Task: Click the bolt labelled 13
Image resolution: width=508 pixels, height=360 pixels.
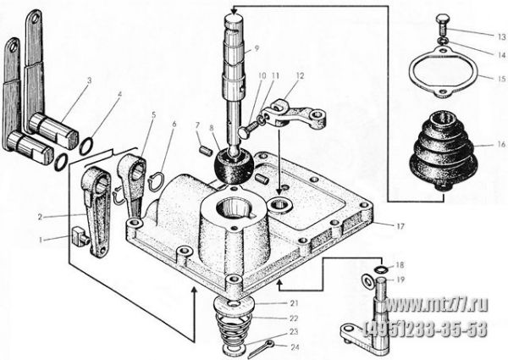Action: click(x=442, y=25)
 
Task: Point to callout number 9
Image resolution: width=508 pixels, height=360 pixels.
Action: click(x=257, y=48)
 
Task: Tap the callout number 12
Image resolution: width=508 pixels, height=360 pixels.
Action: click(x=300, y=76)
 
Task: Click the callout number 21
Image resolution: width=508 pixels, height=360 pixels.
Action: click(x=294, y=303)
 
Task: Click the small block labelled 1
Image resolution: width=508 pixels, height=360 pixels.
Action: click(x=80, y=236)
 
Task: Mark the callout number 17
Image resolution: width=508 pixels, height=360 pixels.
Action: click(x=400, y=226)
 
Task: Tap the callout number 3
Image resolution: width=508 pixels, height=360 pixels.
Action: click(x=90, y=80)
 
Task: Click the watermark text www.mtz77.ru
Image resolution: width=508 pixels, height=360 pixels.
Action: click(x=436, y=305)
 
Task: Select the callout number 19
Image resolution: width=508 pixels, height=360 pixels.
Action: click(x=400, y=280)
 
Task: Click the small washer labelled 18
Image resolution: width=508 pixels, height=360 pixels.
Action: click(x=378, y=269)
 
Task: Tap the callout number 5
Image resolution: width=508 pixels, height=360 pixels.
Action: click(x=153, y=114)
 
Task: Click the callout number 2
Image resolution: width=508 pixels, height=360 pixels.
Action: click(x=40, y=217)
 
